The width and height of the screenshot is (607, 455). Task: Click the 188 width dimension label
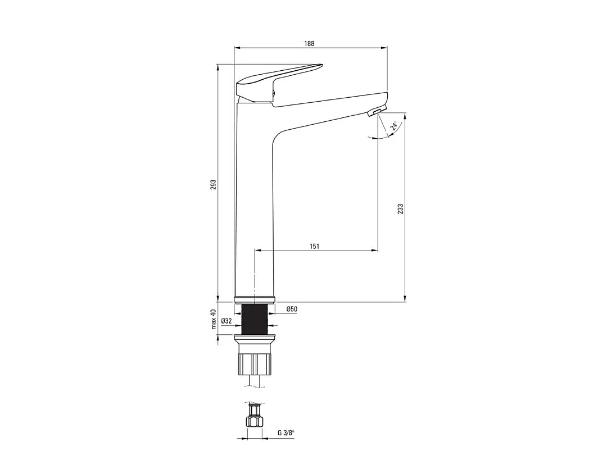(309, 43)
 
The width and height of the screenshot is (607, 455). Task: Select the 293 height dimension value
(213, 184)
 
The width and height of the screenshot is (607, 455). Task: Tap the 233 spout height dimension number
(400, 208)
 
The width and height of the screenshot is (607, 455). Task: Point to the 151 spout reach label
(315, 246)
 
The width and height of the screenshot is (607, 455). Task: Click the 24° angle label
(393, 125)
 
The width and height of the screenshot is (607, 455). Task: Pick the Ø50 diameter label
(292, 309)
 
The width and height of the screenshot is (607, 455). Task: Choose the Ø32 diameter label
(227, 321)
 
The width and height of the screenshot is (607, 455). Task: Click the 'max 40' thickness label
(213, 319)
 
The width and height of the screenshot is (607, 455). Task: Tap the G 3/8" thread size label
(286, 433)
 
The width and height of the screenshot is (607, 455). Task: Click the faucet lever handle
(279, 81)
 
